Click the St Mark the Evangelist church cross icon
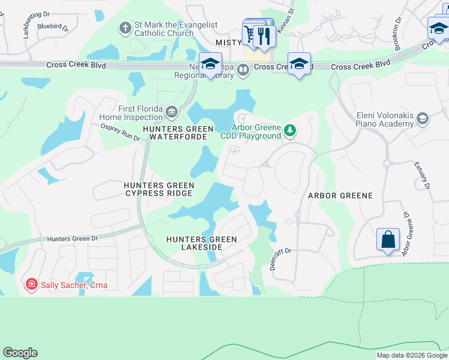click(x=125, y=28)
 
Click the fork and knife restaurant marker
click(x=264, y=37)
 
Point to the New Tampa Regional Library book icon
click(x=243, y=71)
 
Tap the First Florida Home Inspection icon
click(x=172, y=112)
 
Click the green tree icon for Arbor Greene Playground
click(x=290, y=130)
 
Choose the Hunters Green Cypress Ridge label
click(x=158, y=190)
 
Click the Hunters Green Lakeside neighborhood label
click(x=202, y=243)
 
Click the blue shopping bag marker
click(x=388, y=239)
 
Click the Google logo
click(x=20, y=353)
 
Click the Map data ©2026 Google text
click(x=412, y=355)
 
